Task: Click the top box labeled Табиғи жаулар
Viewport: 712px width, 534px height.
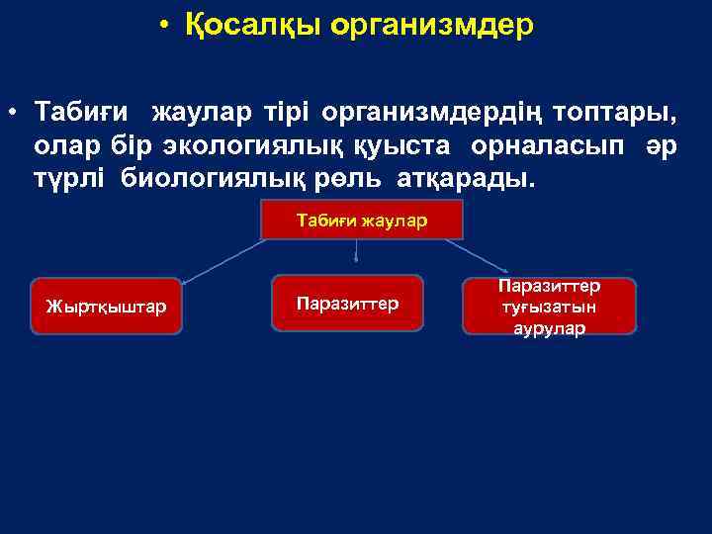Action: pos(362,221)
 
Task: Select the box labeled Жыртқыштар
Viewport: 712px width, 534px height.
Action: pos(107,306)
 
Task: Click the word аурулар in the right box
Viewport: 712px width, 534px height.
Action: pos(550,327)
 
